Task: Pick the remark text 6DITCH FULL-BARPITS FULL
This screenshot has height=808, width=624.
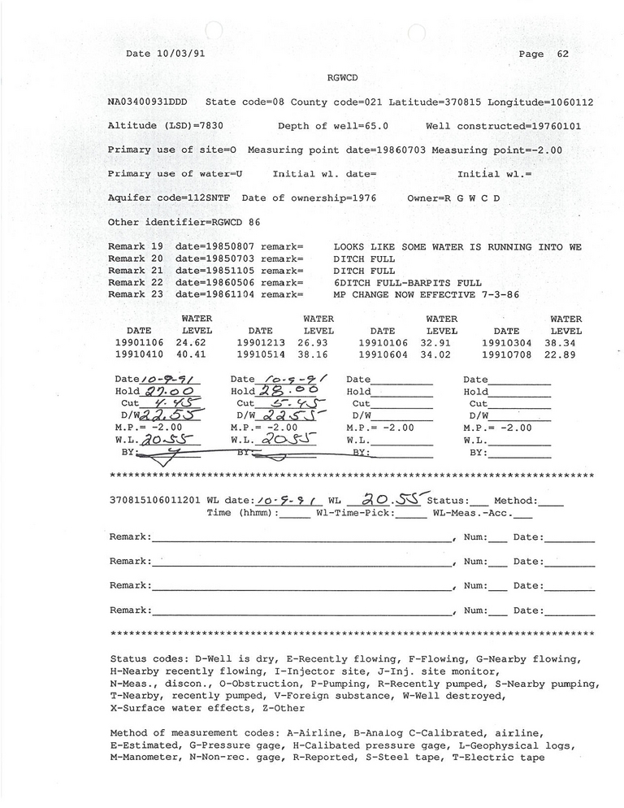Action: [408, 283]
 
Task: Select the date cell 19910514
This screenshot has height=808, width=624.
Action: [260, 355]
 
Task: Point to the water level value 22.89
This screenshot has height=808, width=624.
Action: [565, 355]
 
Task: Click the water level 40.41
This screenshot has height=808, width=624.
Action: [197, 355]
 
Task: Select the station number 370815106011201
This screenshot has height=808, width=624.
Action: [154, 501]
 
